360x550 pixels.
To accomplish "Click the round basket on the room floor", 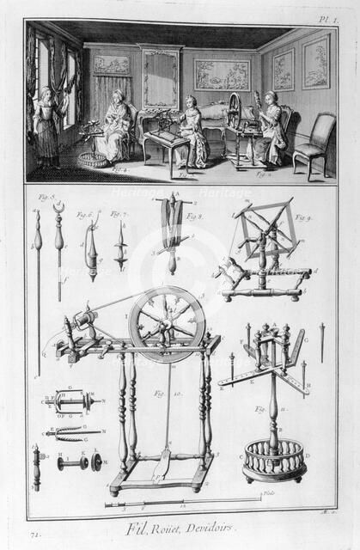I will (87, 160).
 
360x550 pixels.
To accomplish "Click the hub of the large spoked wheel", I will (168, 324).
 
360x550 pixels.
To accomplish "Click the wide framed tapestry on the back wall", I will (222, 74).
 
